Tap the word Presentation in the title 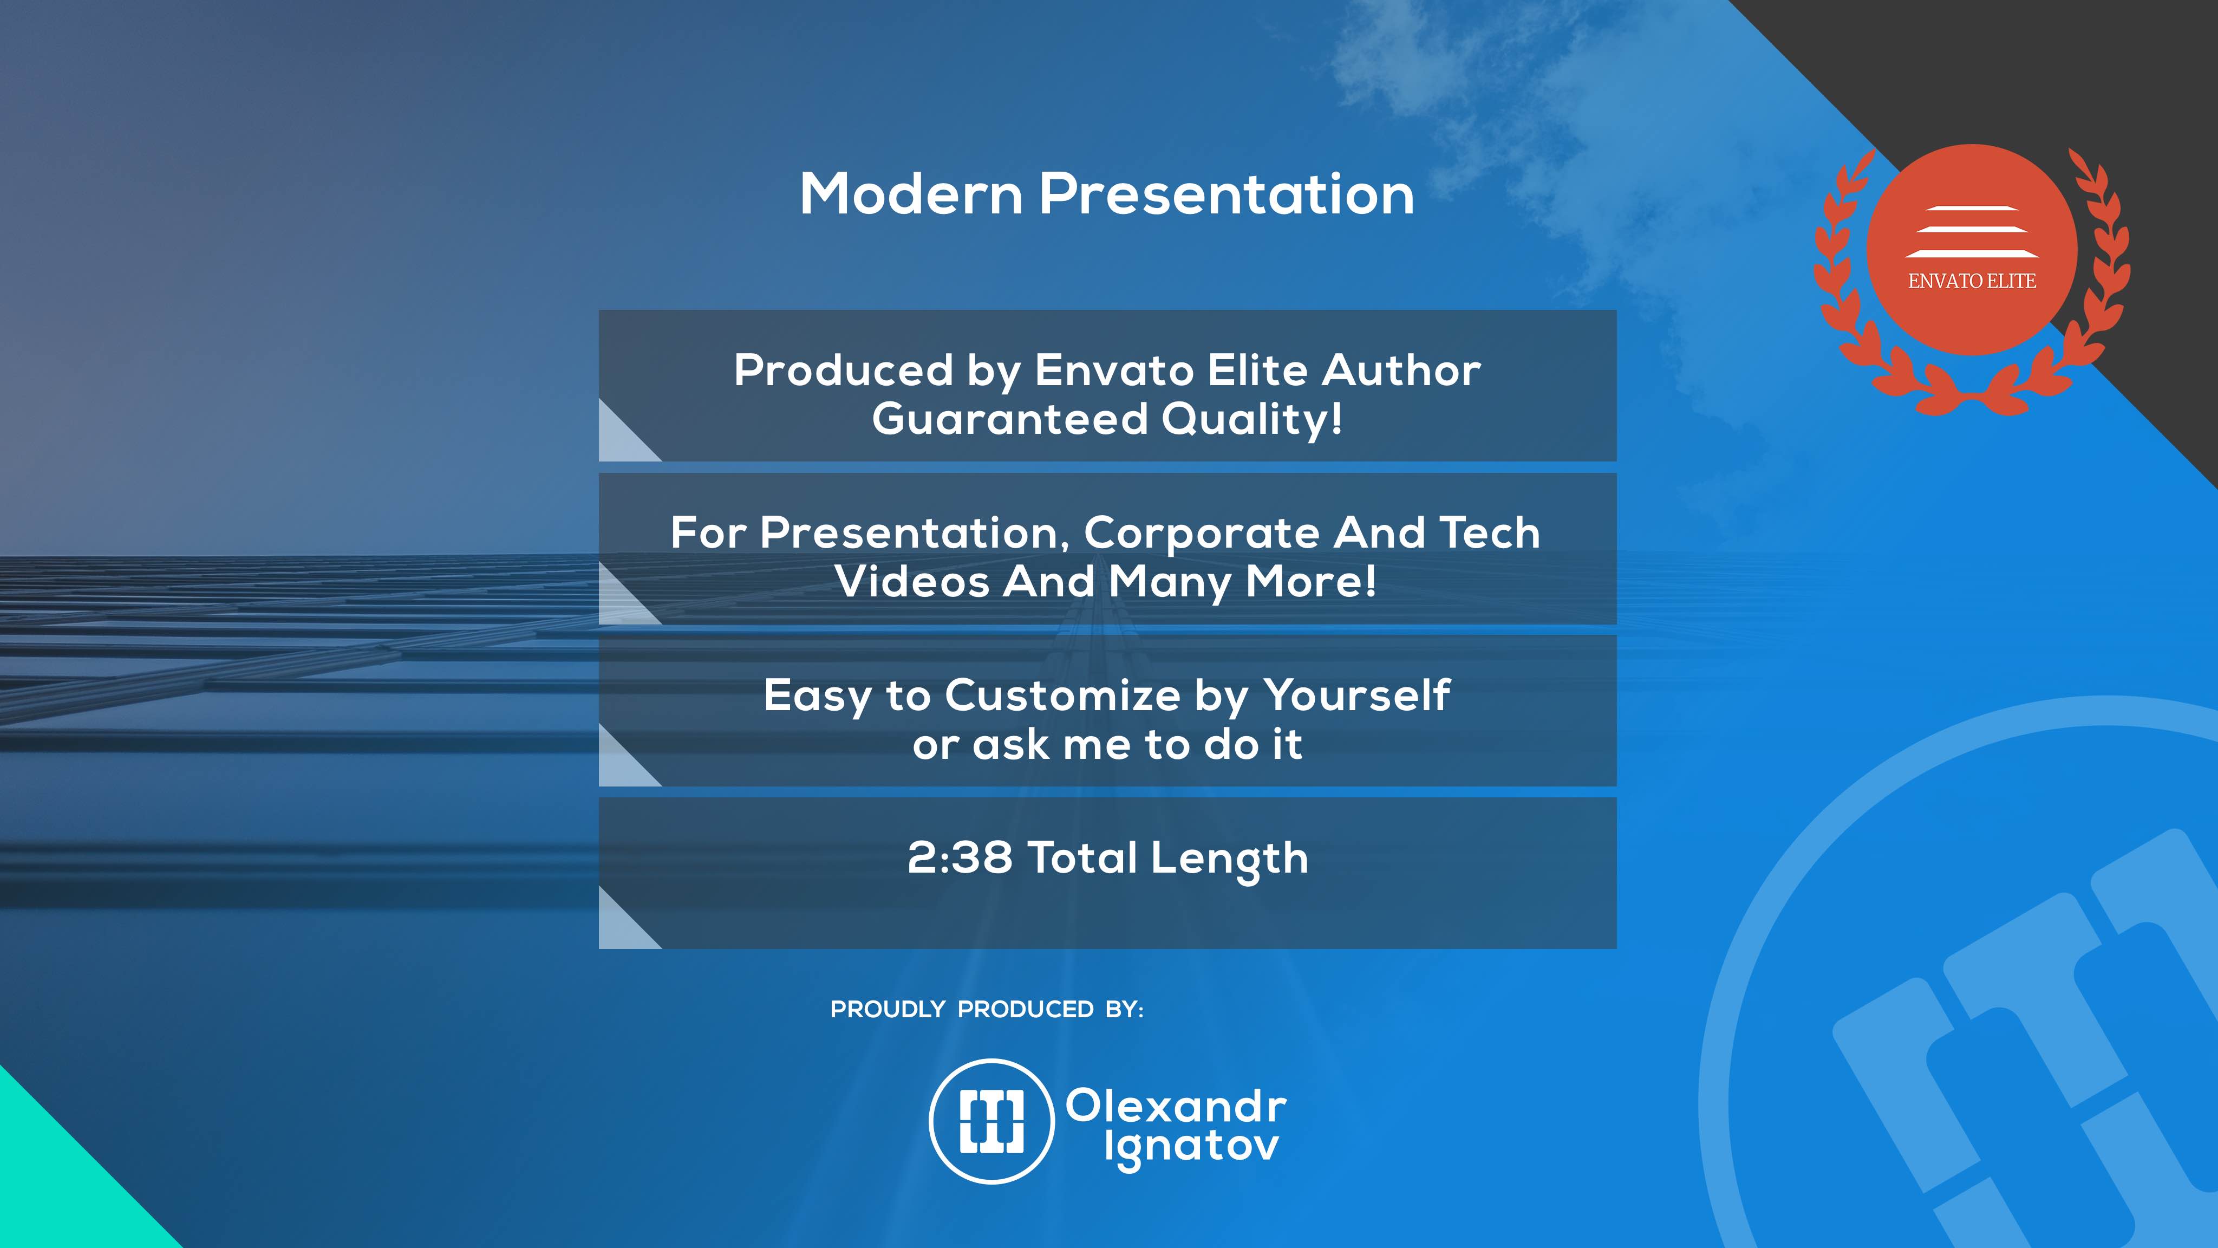coord(1227,194)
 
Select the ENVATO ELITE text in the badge coord(1972,281)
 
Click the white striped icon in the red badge coord(1972,232)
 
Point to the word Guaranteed coord(1010,419)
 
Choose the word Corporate coord(1201,533)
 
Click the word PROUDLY coord(888,1010)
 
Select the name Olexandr coord(1176,1106)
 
